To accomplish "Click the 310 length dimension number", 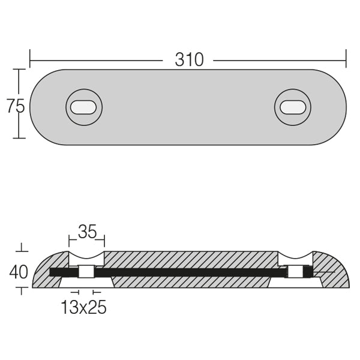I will pos(189,60).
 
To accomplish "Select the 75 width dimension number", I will pos(16,106).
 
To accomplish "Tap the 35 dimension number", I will pos(87,232).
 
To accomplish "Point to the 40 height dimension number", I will pos(19,272).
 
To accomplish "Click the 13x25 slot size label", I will pos(83,308).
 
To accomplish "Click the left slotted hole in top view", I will pos(83,107).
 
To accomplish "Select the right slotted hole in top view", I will pos(292,107).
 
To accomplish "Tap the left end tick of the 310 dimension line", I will pos(30,60).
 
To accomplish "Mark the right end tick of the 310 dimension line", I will pos(346,60).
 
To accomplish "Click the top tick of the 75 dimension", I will pos(19,70).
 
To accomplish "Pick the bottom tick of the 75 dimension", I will pos(19,139).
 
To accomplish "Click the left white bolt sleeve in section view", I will pos(86,272).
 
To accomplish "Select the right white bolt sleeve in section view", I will pos(295,272).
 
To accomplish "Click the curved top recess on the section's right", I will pos(295,259).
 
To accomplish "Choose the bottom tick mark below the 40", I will pos(22,290).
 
